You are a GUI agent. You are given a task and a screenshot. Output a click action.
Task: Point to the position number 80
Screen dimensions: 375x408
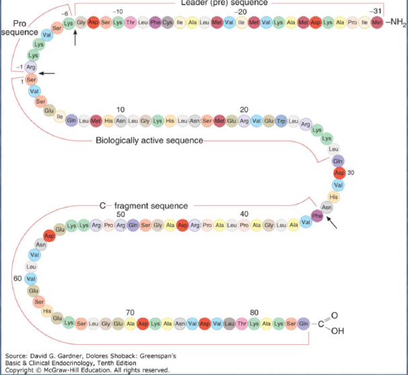click(x=254, y=312)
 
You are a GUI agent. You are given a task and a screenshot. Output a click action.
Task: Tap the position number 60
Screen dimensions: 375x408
click(x=17, y=278)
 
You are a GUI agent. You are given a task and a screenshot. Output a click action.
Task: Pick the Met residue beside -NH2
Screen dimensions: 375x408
click(x=376, y=24)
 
